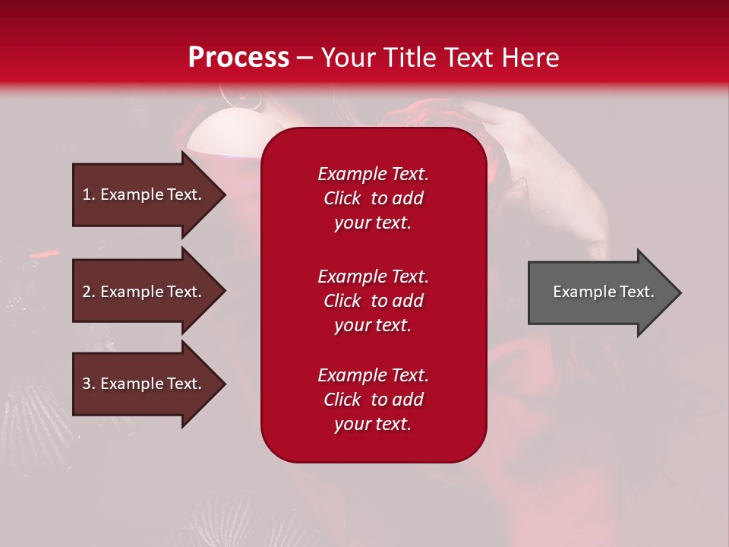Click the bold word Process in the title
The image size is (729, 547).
tap(238, 58)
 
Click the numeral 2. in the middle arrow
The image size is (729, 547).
tap(89, 292)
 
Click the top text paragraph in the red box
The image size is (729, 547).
tap(373, 198)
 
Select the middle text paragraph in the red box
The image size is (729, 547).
tap(373, 301)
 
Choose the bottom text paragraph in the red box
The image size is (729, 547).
tap(373, 400)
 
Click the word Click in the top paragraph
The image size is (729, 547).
tap(342, 198)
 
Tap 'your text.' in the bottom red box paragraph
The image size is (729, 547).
tap(373, 424)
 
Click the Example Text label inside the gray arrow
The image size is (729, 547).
tap(603, 292)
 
